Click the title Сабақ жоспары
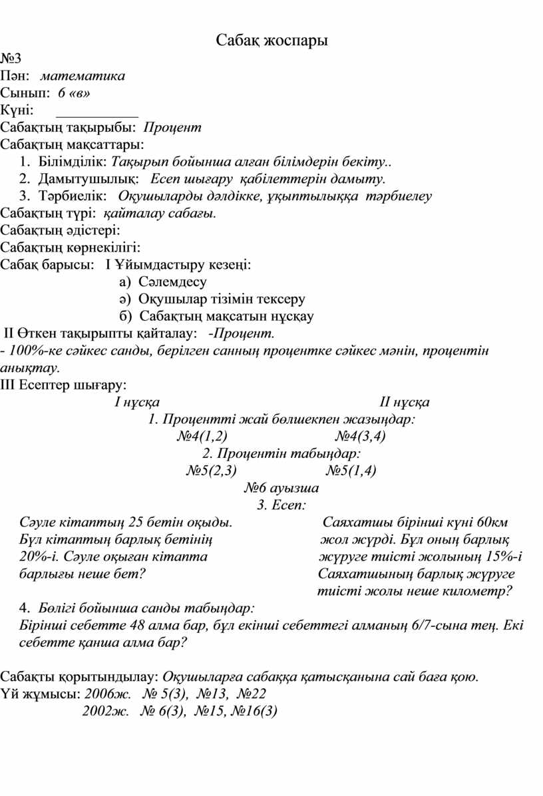272,41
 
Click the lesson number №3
12,59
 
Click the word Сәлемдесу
172,282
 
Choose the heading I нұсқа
136,403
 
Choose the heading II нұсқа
404,403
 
